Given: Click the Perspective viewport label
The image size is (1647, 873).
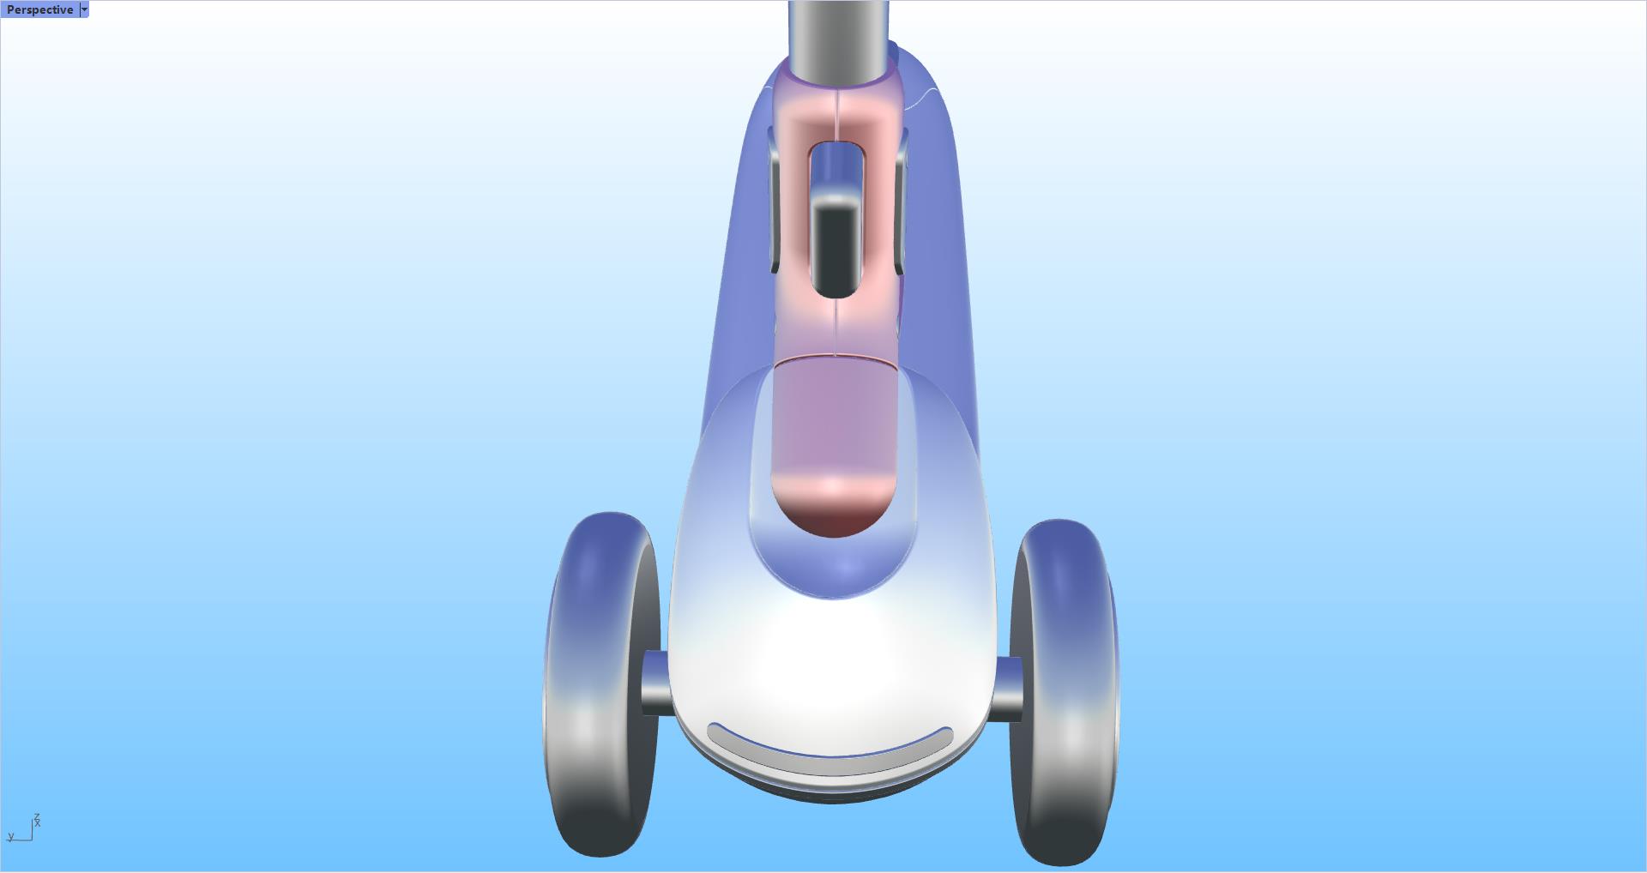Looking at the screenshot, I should click(39, 9).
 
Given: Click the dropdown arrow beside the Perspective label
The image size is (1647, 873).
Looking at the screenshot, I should click(84, 9).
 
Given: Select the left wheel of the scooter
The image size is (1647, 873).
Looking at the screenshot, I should click(600, 686).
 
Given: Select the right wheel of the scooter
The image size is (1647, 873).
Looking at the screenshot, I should click(1064, 695).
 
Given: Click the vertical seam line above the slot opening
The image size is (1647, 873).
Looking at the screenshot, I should click(835, 116).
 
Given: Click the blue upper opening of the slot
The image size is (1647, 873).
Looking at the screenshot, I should click(835, 167).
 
